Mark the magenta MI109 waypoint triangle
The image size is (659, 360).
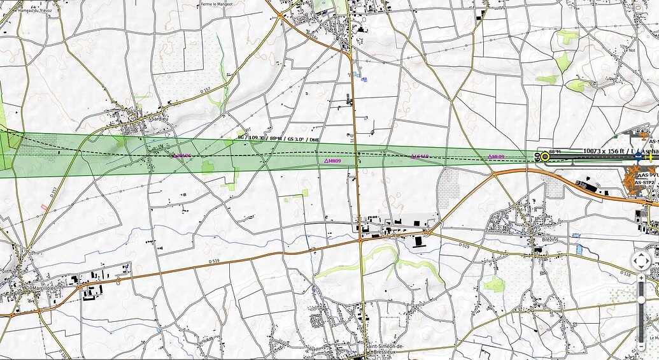click(333, 161)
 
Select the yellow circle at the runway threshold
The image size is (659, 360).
click(545, 156)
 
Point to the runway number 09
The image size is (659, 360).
click(537, 157)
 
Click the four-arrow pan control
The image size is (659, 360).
click(641, 261)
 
